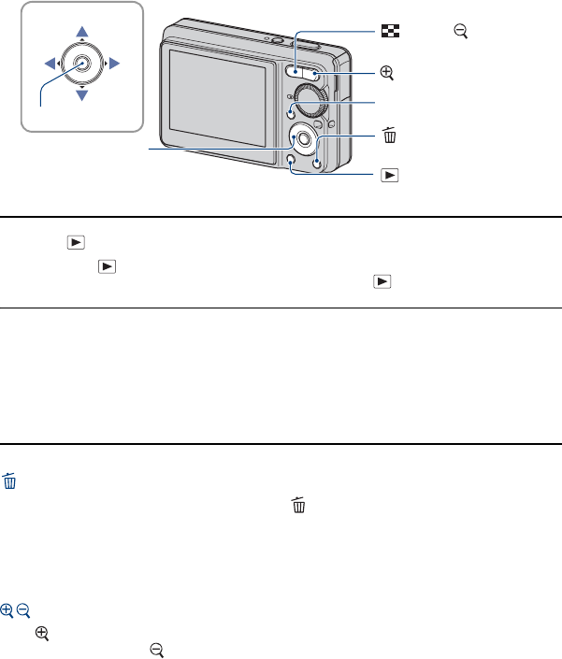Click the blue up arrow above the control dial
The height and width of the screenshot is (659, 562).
82,34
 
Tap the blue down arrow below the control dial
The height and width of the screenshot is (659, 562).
82,94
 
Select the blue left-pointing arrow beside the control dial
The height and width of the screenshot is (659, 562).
50,64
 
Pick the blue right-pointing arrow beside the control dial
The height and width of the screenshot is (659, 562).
114,64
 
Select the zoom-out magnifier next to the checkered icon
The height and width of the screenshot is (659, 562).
460,32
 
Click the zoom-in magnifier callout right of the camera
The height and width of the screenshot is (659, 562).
389,71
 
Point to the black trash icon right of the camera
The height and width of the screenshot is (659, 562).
390,136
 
